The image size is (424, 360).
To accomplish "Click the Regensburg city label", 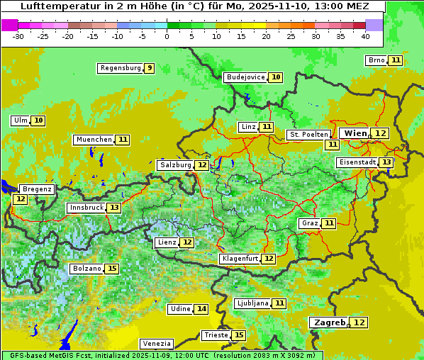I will point(120,68).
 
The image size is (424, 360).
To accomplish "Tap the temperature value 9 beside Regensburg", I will point(149,68).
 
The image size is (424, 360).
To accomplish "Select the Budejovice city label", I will point(245,77).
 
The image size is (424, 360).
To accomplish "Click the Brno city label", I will point(376,60).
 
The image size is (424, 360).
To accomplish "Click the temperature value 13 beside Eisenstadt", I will point(386,162).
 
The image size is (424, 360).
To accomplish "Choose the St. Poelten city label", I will point(308,134).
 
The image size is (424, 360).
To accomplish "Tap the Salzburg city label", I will point(175,165).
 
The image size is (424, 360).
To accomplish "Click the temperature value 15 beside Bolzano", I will point(111,269).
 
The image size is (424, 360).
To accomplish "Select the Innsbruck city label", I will point(86,208).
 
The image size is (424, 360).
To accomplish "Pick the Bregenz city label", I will point(37,189).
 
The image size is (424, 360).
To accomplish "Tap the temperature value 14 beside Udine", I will point(201,309).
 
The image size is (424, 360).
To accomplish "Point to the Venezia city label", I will point(156,343).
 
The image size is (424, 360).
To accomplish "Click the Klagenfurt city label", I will point(240,259).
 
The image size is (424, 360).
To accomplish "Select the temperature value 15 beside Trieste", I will point(239,335).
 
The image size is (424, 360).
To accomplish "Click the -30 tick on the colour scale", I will point(18,36).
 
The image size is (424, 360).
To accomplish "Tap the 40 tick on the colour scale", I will point(364,36).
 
